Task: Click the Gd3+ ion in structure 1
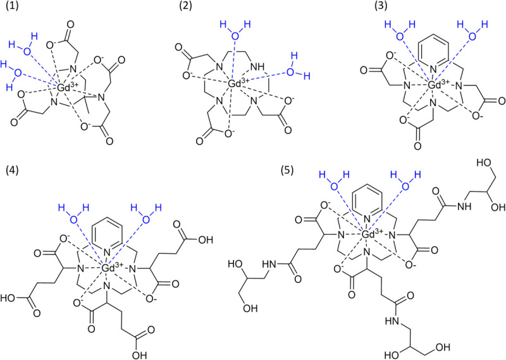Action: click(x=67, y=89)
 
